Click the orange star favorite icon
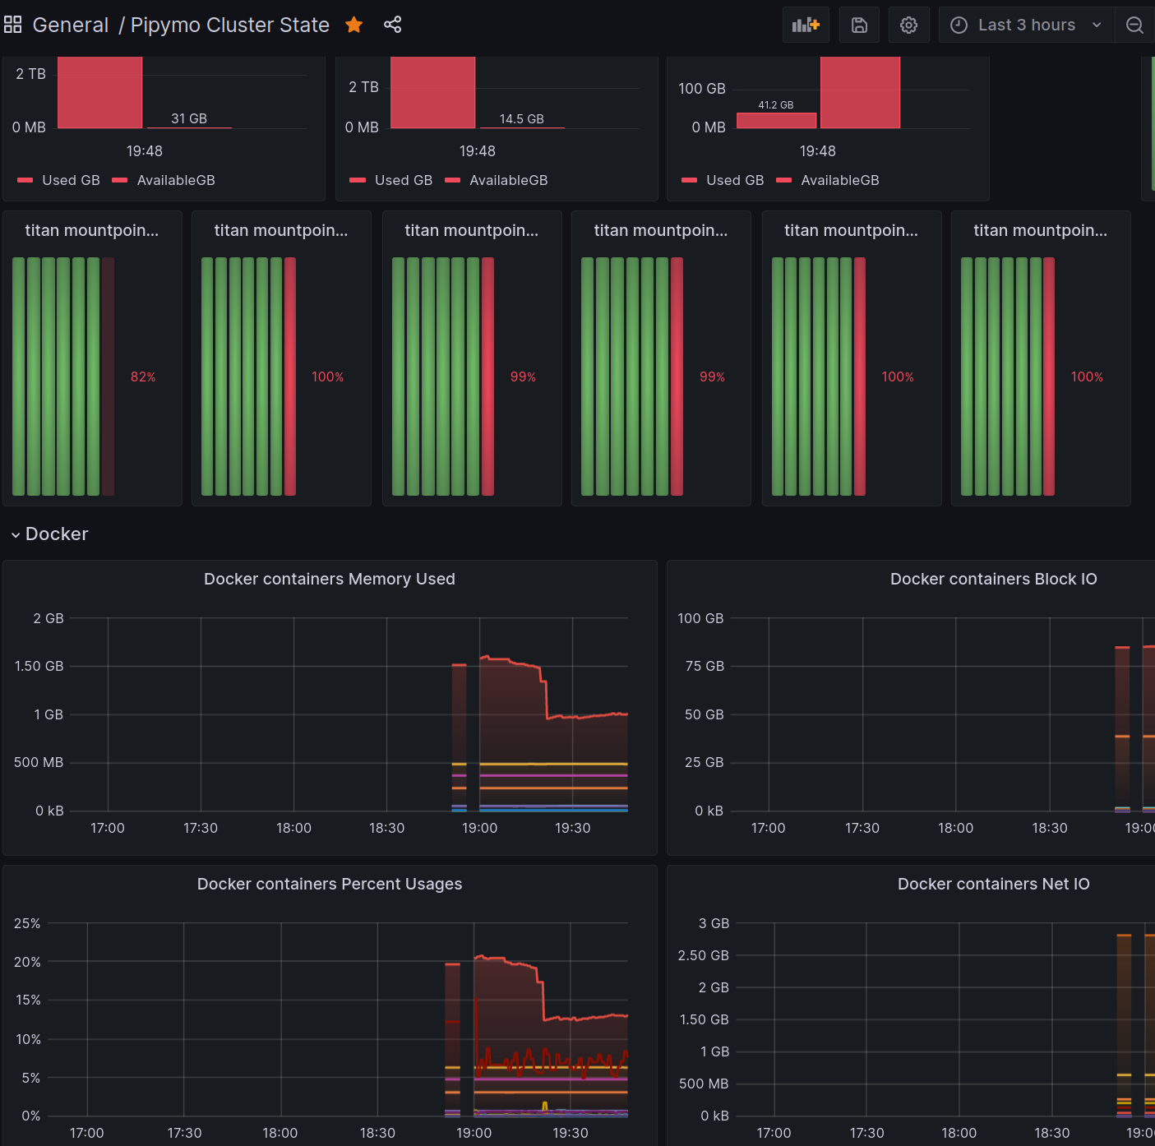tap(354, 25)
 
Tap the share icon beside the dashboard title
tap(393, 25)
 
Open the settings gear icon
tap(908, 25)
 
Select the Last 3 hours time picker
tap(1027, 25)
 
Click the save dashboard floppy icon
tap(860, 25)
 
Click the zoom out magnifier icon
tap(1134, 25)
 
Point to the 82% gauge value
tap(143, 377)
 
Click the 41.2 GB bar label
tap(775, 105)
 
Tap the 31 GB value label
tap(189, 118)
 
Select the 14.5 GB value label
tap(521, 118)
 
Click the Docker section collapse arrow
tap(16, 534)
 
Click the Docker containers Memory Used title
tap(329, 579)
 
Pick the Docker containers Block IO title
tap(993, 579)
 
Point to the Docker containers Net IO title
tap(993, 883)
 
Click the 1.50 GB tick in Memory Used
tap(39, 666)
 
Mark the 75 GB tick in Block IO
tap(705, 666)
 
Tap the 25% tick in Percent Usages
tap(27, 923)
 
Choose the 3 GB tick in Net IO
tap(714, 923)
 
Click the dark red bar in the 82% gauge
tap(108, 377)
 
